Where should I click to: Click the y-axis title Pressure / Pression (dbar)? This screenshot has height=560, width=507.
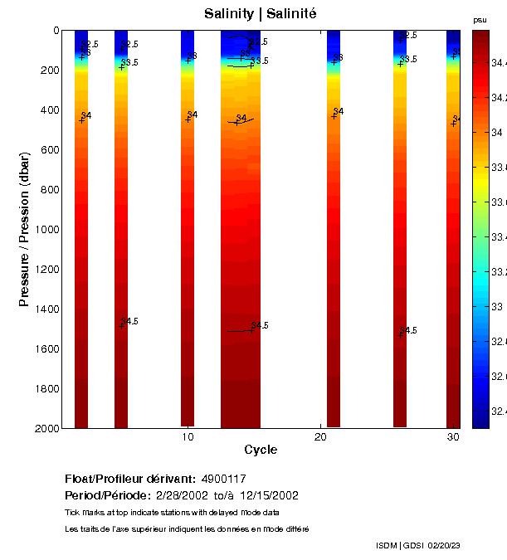(x=24, y=229)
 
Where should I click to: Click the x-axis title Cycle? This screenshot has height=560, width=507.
(x=261, y=450)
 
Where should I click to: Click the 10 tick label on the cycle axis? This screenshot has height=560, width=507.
(x=188, y=437)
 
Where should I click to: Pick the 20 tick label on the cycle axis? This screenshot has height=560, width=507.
(x=321, y=437)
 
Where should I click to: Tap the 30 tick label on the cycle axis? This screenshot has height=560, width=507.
(x=453, y=437)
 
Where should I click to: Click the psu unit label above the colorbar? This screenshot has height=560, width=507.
(x=480, y=19)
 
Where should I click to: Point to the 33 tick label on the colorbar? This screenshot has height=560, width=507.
(x=497, y=306)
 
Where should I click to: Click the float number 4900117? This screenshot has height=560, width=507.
(x=224, y=480)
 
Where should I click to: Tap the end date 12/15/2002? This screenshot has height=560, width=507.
(x=269, y=495)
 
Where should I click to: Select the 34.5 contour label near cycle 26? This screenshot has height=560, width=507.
(x=409, y=330)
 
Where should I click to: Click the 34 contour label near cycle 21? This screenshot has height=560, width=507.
(x=339, y=111)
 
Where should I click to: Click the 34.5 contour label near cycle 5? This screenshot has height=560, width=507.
(x=130, y=321)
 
